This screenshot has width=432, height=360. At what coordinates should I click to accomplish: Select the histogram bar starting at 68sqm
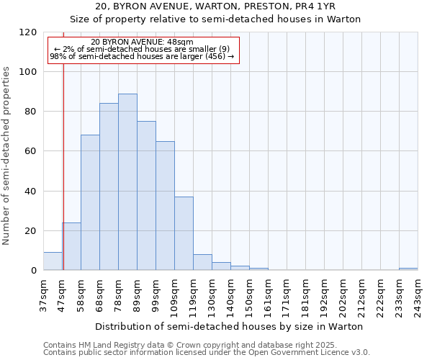[x=109, y=187]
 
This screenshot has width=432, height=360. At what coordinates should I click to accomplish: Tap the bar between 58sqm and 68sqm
[x=90, y=202]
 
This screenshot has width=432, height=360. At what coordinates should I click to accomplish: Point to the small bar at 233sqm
[x=408, y=269]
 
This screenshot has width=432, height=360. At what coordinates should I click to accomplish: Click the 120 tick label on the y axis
[x=28, y=32]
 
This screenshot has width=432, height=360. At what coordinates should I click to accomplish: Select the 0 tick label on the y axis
[x=34, y=270]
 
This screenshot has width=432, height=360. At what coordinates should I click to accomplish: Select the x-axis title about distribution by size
[x=229, y=326]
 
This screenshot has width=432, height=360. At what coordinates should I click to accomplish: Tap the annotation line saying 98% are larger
[x=142, y=56]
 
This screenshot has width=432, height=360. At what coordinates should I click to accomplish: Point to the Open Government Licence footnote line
[x=207, y=353]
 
